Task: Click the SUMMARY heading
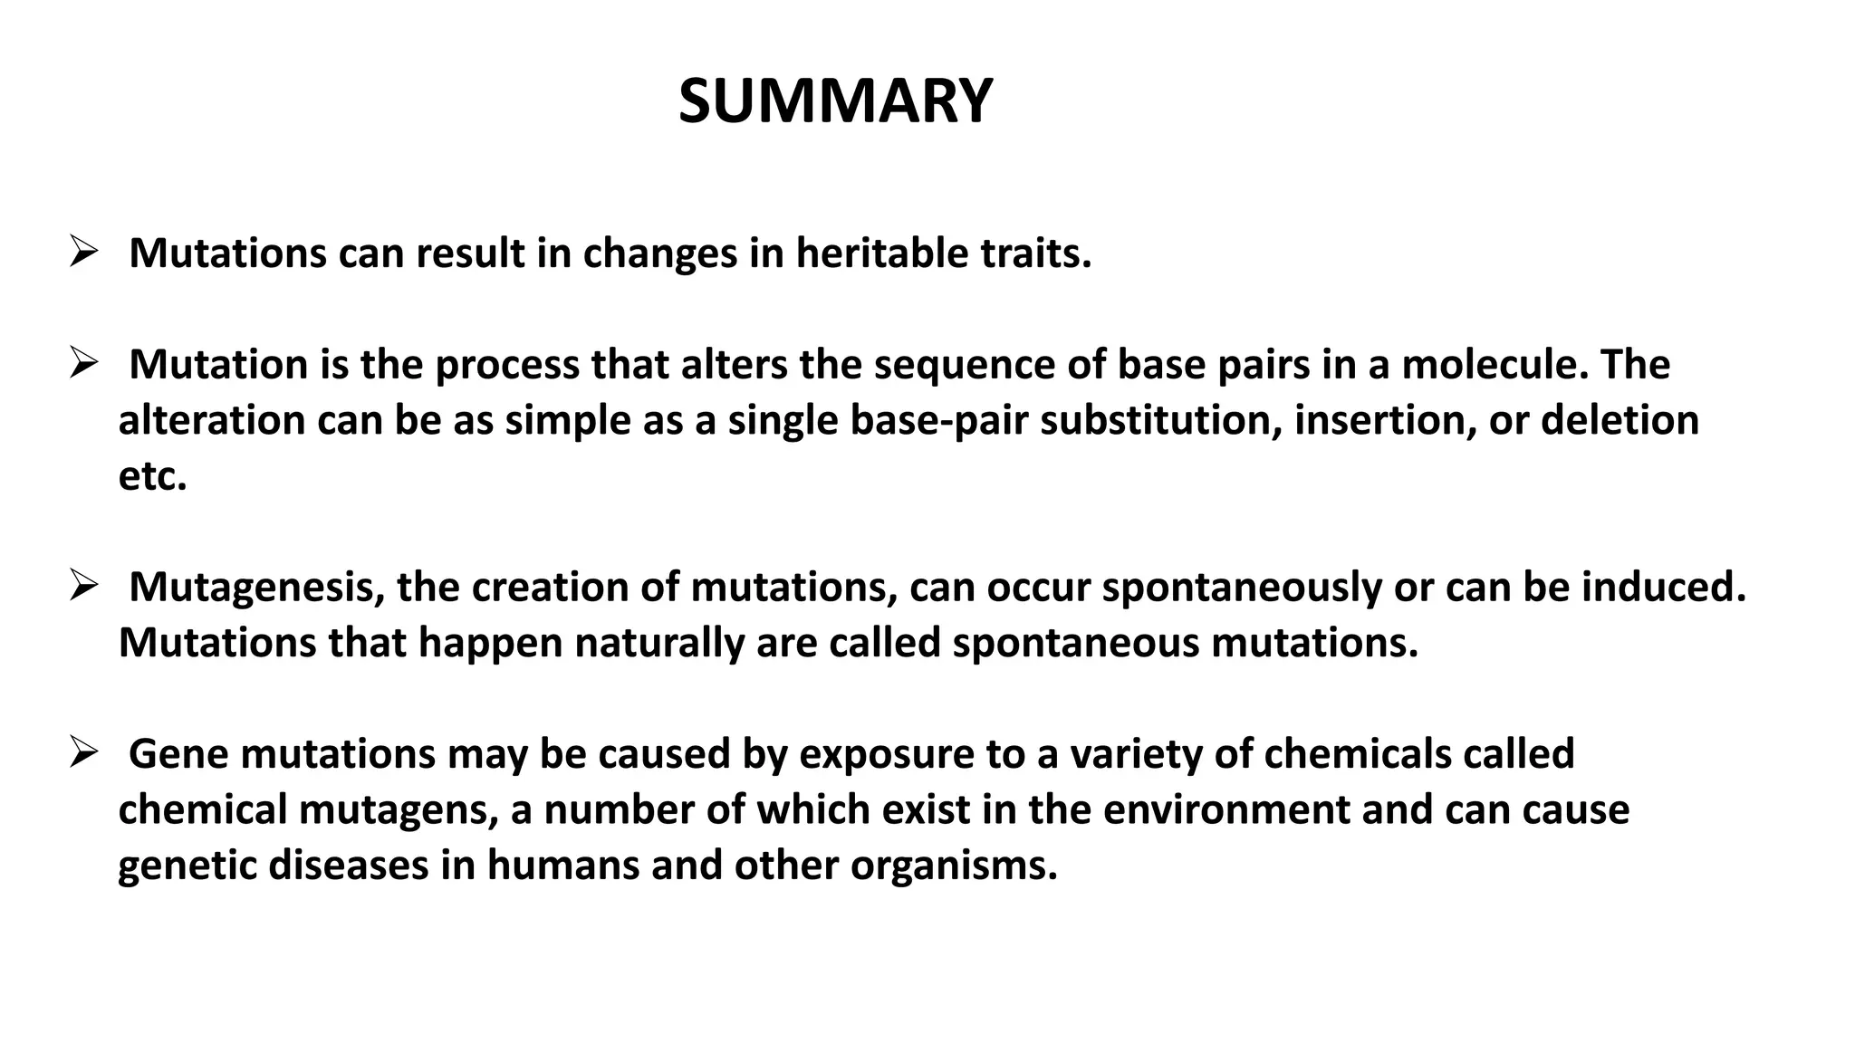click(835, 100)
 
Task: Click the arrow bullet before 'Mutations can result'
click(82, 253)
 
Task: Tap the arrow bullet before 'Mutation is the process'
click(82, 365)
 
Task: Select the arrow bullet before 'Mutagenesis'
click(82, 588)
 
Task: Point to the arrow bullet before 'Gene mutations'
click(82, 753)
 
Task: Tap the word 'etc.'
click(152, 477)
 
